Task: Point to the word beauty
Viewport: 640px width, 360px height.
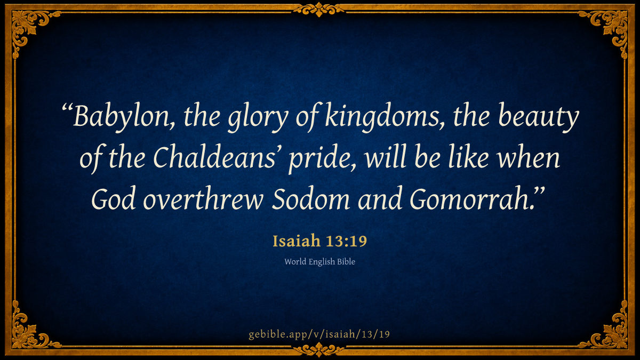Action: point(539,117)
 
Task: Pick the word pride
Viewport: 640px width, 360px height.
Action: point(322,159)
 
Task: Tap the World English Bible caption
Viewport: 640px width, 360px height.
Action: point(319,262)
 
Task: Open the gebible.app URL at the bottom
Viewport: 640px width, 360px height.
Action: point(319,334)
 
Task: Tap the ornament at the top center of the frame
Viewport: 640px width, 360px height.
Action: point(319,10)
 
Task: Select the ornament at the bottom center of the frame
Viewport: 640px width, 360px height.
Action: point(319,350)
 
